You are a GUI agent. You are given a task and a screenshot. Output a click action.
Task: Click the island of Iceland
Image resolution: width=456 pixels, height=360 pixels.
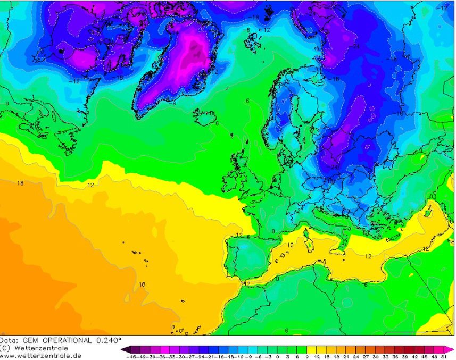pyautogui.click(x=204, y=115)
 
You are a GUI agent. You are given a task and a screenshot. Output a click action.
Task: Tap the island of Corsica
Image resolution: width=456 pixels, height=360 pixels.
pyautogui.click(x=308, y=232)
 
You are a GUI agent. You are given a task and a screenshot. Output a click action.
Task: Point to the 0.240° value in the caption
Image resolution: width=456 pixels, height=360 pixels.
pyautogui.click(x=109, y=340)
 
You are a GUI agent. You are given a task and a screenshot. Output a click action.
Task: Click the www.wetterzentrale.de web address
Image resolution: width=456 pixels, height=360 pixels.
pyautogui.click(x=40, y=355)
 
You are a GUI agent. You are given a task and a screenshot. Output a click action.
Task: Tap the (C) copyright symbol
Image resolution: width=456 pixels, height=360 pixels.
pyautogui.click(x=5, y=348)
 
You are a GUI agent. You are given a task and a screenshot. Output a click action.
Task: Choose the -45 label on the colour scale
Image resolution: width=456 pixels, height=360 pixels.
pyautogui.click(x=131, y=357)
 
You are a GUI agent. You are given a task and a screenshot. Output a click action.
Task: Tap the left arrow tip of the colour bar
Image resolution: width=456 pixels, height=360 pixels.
pyautogui.click(x=123, y=349)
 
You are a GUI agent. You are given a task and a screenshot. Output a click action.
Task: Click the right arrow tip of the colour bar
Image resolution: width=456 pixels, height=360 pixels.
pyautogui.click(x=453, y=349)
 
